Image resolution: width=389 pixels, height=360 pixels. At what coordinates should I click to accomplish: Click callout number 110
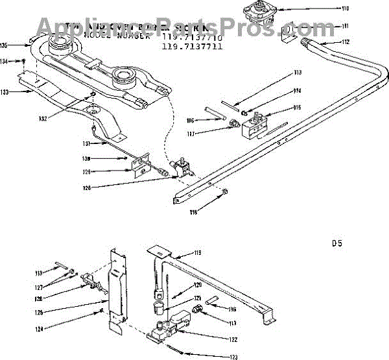click(x=345, y=8)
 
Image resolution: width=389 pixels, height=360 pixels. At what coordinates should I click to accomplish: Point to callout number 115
click(x=298, y=108)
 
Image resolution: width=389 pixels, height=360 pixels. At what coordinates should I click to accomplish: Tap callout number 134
click(x=5, y=62)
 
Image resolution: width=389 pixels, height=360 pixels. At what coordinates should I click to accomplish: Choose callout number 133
click(x=5, y=93)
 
